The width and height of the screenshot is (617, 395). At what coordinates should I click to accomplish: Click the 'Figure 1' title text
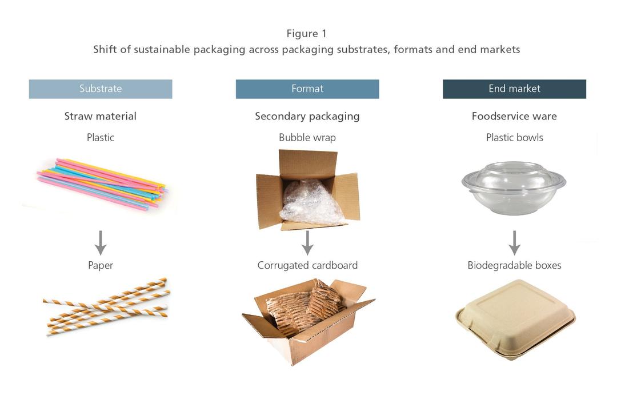(307, 34)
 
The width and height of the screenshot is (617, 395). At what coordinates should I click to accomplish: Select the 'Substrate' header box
(101, 89)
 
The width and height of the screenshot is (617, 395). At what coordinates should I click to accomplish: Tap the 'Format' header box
(307, 89)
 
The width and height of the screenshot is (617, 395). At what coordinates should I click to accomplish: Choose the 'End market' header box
(514, 89)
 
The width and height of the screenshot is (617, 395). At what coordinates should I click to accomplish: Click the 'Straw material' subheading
(101, 116)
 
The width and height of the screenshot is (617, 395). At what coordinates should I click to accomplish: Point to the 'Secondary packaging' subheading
(307, 116)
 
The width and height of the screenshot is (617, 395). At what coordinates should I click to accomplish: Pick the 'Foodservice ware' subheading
(514, 116)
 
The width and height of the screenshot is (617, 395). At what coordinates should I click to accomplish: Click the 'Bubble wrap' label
(307, 137)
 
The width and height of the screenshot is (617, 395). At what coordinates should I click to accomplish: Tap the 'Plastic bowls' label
(514, 137)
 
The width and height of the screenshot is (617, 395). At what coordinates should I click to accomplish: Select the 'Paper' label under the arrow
(101, 265)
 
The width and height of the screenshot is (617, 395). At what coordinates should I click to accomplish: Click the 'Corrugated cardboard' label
(307, 265)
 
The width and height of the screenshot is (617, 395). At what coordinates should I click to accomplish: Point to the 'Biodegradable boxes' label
(514, 265)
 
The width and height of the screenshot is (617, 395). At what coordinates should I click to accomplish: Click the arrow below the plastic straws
(101, 243)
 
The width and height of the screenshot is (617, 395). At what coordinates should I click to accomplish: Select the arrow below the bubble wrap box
(307, 243)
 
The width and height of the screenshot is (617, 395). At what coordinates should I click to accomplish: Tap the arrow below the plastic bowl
(514, 243)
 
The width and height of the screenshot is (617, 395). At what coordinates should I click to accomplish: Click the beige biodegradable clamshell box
(515, 319)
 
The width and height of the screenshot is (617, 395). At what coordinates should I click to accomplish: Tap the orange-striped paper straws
(106, 306)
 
